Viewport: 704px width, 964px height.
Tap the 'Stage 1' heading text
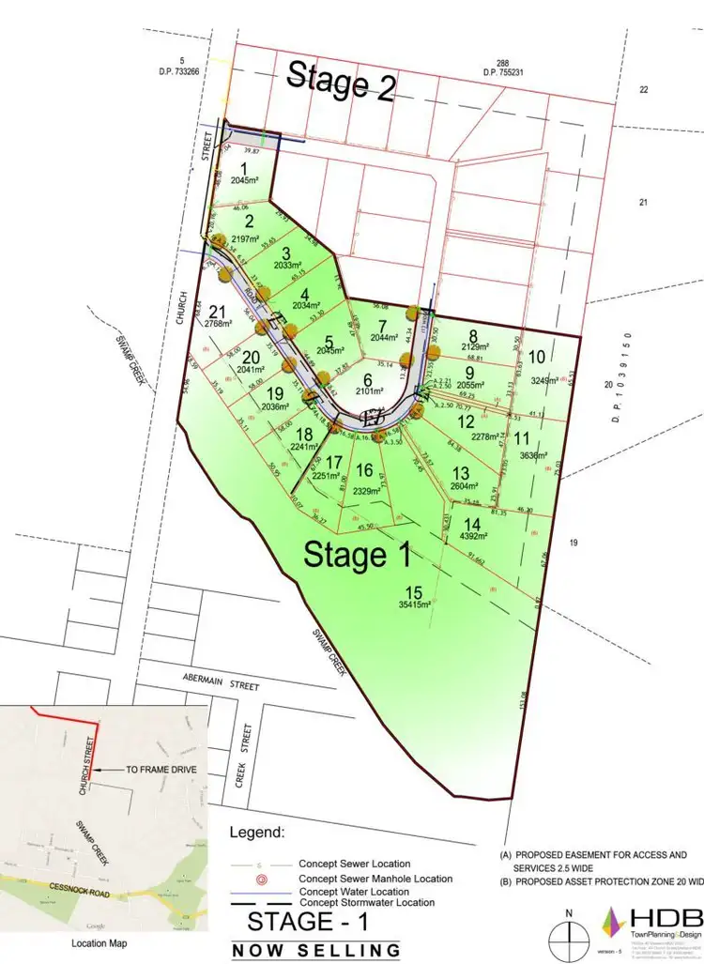coord(358,555)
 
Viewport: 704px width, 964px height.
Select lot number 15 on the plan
coord(414,590)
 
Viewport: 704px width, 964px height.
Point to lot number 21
coord(218,313)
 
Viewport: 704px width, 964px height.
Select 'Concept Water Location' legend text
coord(354,891)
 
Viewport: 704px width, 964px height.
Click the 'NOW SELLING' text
coord(317,950)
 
